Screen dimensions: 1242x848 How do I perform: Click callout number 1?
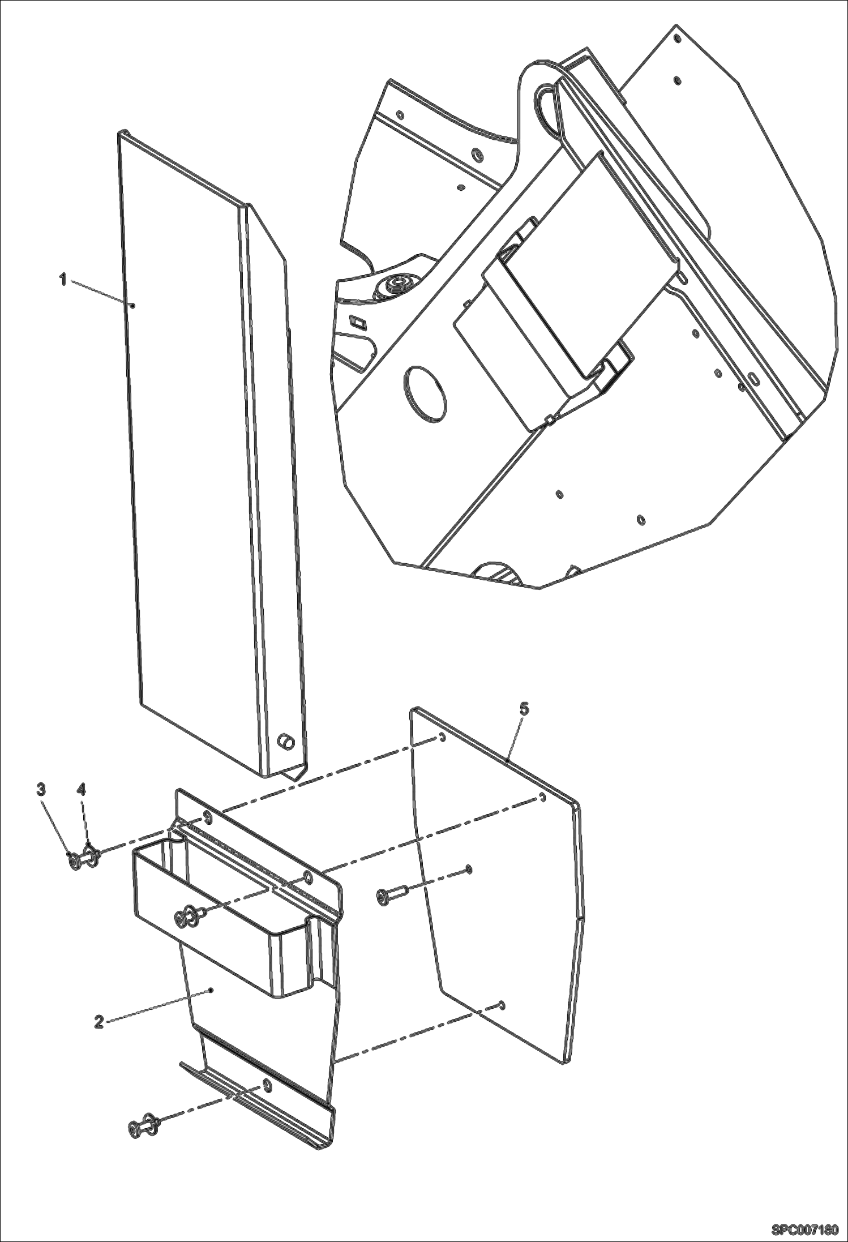[x=64, y=280]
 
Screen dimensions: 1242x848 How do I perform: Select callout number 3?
[x=41, y=789]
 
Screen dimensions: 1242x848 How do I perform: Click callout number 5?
[x=524, y=709]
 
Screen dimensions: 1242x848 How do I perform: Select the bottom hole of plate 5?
[x=502, y=1004]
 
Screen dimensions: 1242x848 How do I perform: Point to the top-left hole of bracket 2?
[x=207, y=816]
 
